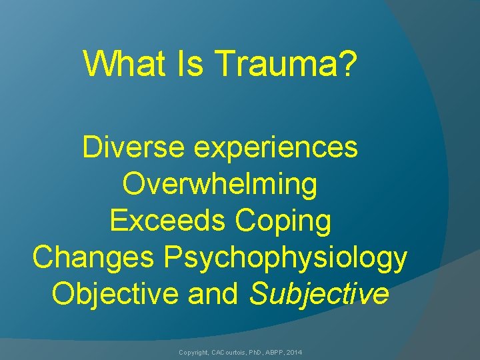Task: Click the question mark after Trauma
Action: click(349, 63)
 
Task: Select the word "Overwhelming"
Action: click(220, 185)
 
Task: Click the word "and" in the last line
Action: click(213, 294)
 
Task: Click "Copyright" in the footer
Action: click(193, 351)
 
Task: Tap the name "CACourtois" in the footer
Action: click(227, 351)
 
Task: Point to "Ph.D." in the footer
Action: click(257, 351)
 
